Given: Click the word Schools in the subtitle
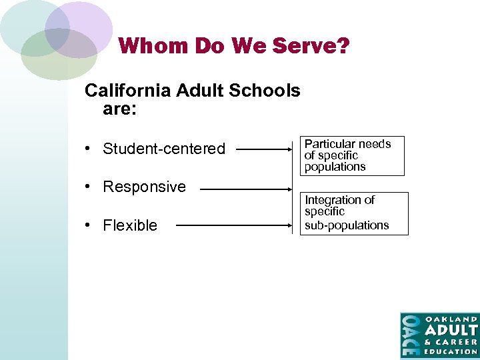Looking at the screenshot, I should (x=267, y=91).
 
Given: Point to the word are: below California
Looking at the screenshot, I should (x=120, y=109).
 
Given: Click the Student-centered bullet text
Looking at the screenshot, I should (x=164, y=149).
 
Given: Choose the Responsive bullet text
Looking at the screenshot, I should (x=144, y=187).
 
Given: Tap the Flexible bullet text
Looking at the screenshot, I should (x=130, y=225).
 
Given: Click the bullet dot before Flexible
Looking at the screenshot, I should (x=88, y=225).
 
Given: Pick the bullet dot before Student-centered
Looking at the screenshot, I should (x=88, y=149).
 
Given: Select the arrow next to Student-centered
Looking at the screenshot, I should (x=264, y=150).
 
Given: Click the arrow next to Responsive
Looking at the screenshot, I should (x=246, y=189).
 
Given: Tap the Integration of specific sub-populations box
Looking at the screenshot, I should (x=355, y=213).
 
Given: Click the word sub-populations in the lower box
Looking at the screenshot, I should (x=347, y=225).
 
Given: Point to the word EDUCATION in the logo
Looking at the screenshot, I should (x=451, y=351).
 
